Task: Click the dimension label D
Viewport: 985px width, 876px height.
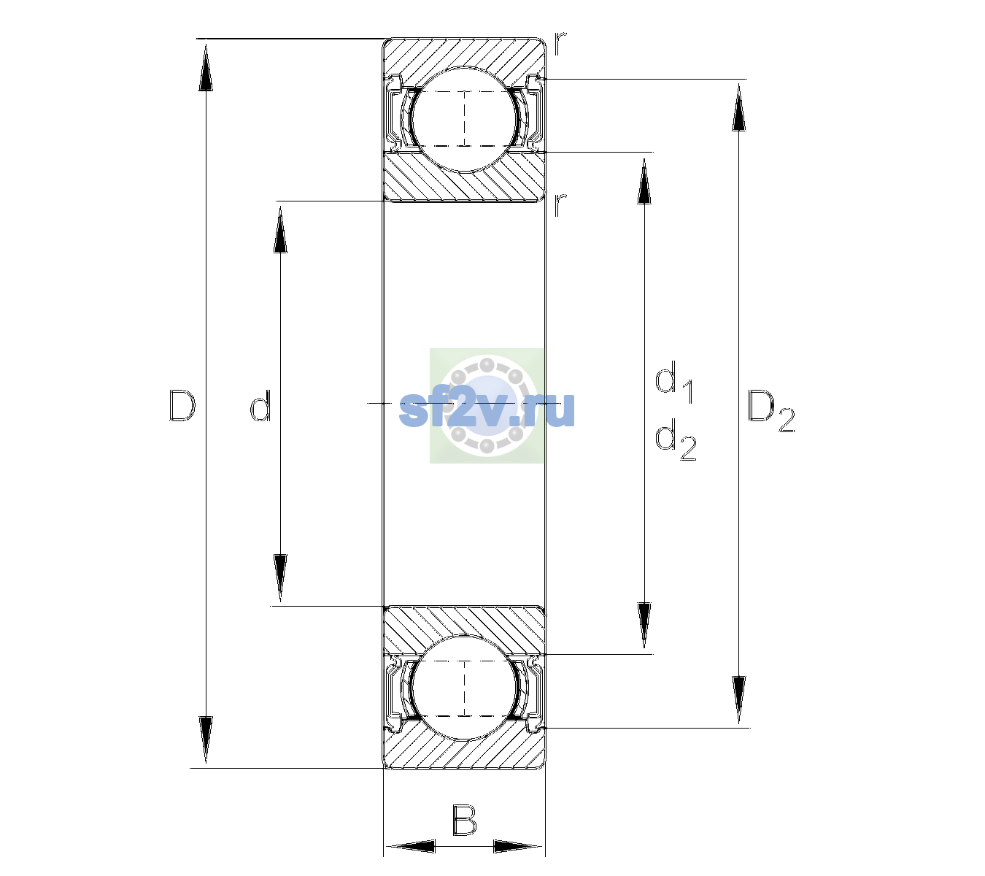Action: point(182,405)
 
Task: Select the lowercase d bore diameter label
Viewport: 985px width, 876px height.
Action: point(260,405)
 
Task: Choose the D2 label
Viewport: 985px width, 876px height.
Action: point(770,410)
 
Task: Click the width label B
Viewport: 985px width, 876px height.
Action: point(464,820)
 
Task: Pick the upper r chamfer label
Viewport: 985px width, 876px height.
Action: point(560,44)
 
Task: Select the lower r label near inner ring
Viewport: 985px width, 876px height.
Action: point(560,205)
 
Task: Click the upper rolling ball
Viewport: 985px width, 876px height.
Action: point(464,119)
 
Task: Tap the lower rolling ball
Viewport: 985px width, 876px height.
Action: point(464,688)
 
